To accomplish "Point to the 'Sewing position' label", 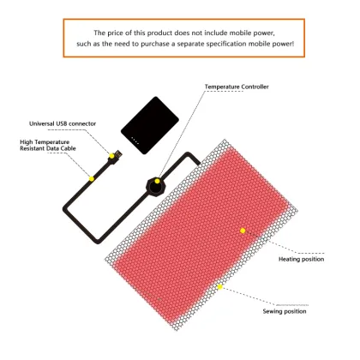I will point(284,311).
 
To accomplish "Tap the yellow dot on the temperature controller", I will point(158,183).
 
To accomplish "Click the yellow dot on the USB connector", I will point(111,155).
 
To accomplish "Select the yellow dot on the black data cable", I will point(92,177).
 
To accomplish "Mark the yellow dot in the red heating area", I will point(243,230).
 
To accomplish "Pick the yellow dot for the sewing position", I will point(219,286).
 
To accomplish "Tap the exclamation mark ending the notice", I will point(294,45).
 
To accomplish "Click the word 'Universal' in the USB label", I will point(45,123).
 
